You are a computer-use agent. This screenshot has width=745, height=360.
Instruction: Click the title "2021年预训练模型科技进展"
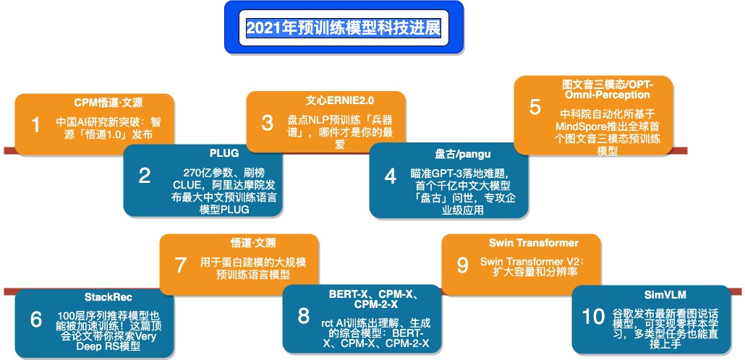point(344,28)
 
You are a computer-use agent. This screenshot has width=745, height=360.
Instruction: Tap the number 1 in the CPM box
point(36,125)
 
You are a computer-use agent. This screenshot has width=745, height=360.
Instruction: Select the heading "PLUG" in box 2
point(224,153)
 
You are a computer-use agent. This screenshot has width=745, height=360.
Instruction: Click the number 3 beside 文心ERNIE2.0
point(268,123)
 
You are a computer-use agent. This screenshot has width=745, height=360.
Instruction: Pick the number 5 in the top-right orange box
point(535,107)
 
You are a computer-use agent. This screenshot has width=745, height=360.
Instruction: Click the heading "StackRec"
point(108,297)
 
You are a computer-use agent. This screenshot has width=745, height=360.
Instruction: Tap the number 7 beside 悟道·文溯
point(181,265)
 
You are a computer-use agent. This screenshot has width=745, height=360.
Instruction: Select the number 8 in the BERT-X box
point(304,316)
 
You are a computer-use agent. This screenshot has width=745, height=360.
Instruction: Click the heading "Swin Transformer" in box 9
point(534,243)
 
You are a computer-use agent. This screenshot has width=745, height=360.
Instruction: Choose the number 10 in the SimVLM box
point(593,317)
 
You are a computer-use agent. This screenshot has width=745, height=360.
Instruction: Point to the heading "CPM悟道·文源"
point(108,103)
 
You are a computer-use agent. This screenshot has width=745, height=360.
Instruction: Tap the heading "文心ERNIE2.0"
point(340,100)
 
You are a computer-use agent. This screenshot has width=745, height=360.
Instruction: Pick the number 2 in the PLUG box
point(145,176)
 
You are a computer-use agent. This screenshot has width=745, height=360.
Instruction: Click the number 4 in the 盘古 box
point(391,176)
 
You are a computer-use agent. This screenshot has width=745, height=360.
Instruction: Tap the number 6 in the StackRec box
point(36,320)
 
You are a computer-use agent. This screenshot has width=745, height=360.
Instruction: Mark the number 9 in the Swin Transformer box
point(463,265)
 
